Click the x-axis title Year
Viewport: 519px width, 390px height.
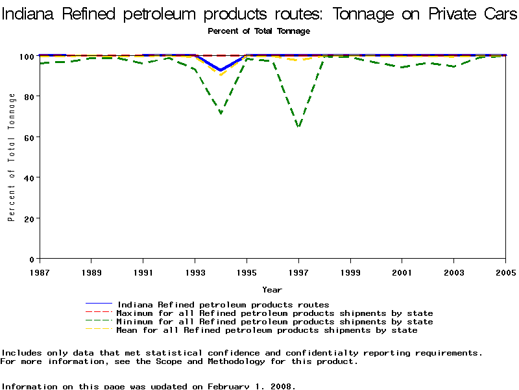(x=272, y=289)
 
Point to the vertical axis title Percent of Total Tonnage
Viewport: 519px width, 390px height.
(x=12, y=157)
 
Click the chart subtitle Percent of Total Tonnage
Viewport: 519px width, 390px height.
(x=259, y=31)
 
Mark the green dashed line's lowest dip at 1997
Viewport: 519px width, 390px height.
(x=298, y=126)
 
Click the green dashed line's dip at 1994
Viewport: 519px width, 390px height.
(x=221, y=113)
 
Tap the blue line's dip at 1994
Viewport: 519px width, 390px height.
(x=221, y=70)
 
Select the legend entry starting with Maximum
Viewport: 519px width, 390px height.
(x=274, y=313)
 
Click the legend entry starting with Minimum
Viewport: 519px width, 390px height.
(x=274, y=322)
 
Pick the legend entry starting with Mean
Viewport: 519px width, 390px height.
(x=267, y=330)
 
